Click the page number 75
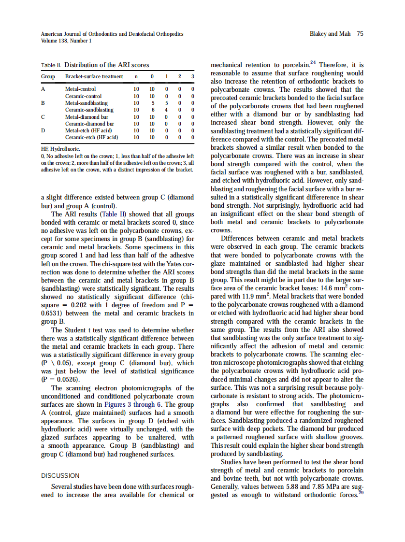pos(360,34)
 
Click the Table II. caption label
pos(52,65)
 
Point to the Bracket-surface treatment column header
pos(94,77)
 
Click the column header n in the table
pos(136,77)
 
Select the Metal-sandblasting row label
pos(87,103)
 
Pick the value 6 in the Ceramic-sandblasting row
pos(152,110)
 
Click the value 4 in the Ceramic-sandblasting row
pos(166,110)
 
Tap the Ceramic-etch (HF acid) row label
pos(91,137)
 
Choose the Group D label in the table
pos(43,130)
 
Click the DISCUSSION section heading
pos(60,476)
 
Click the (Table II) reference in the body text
pos(115,214)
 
